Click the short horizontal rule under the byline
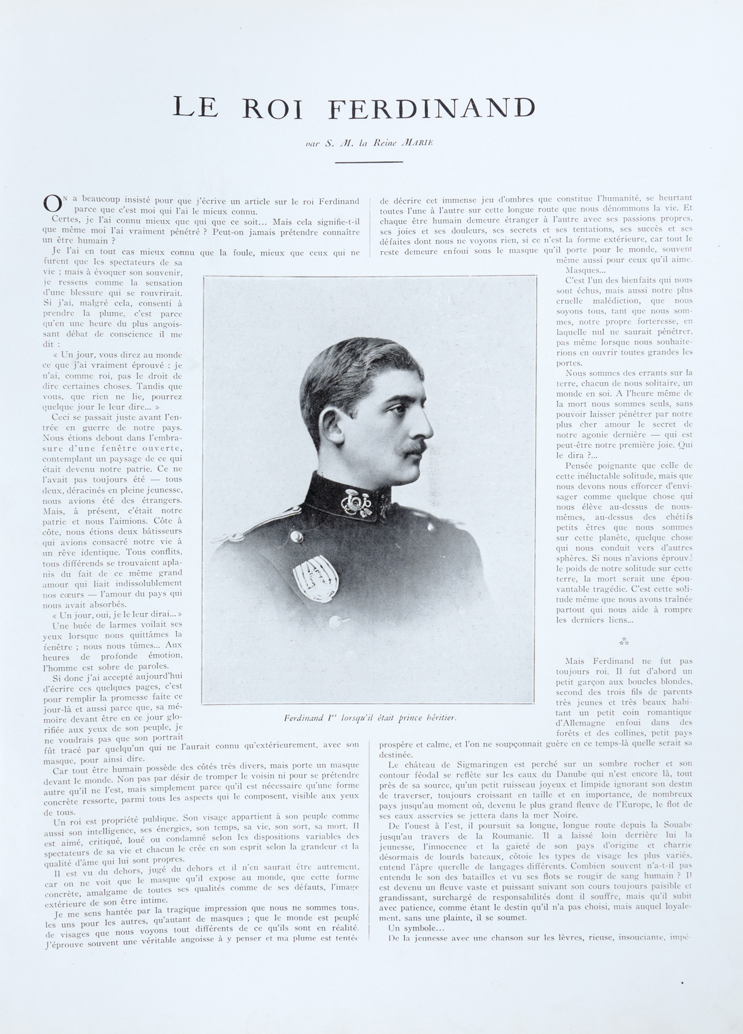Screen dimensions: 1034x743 [x=368, y=162]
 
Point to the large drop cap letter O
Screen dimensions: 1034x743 [x=53, y=204]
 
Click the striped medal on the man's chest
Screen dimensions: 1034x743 [x=316, y=579]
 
